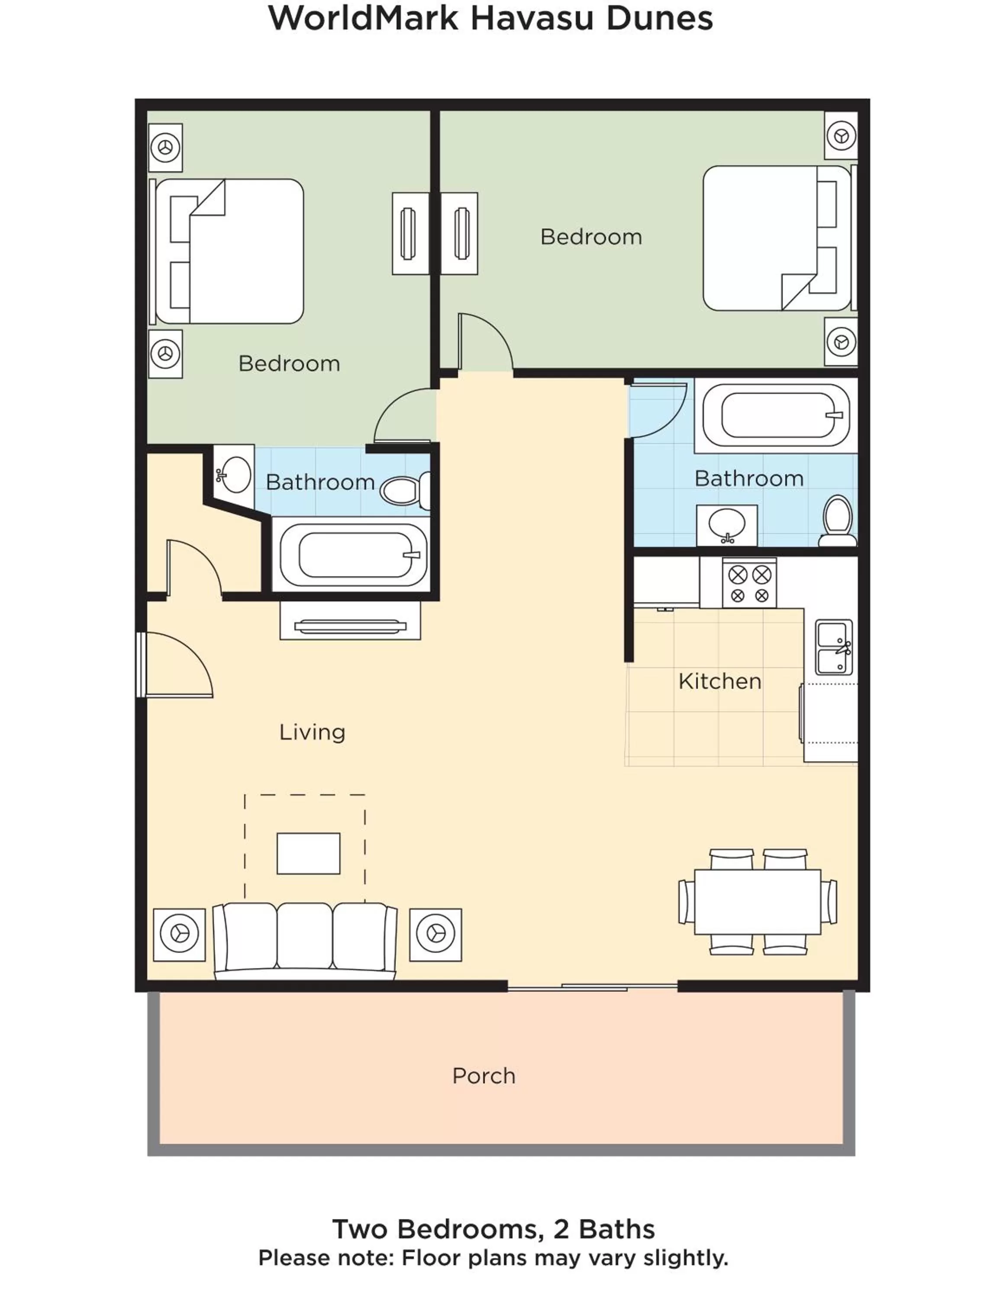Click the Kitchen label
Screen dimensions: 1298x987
[x=719, y=681]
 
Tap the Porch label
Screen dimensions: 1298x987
[x=484, y=1076]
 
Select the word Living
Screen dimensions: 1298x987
[x=312, y=732]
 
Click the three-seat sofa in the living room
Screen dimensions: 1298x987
[x=304, y=939]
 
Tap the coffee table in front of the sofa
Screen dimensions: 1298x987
[x=308, y=853]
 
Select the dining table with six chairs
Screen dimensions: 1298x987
[x=757, y=901]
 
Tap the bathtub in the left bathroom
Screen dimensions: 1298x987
[x=354, y=555]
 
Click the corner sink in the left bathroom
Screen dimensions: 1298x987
[x=234, y=474]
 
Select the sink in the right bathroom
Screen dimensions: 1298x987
[x=727, y=524]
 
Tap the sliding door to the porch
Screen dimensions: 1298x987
[x=592, y=987]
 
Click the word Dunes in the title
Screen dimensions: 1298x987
[x=659, y=18]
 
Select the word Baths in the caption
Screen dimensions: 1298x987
[x=616, y=1229]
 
